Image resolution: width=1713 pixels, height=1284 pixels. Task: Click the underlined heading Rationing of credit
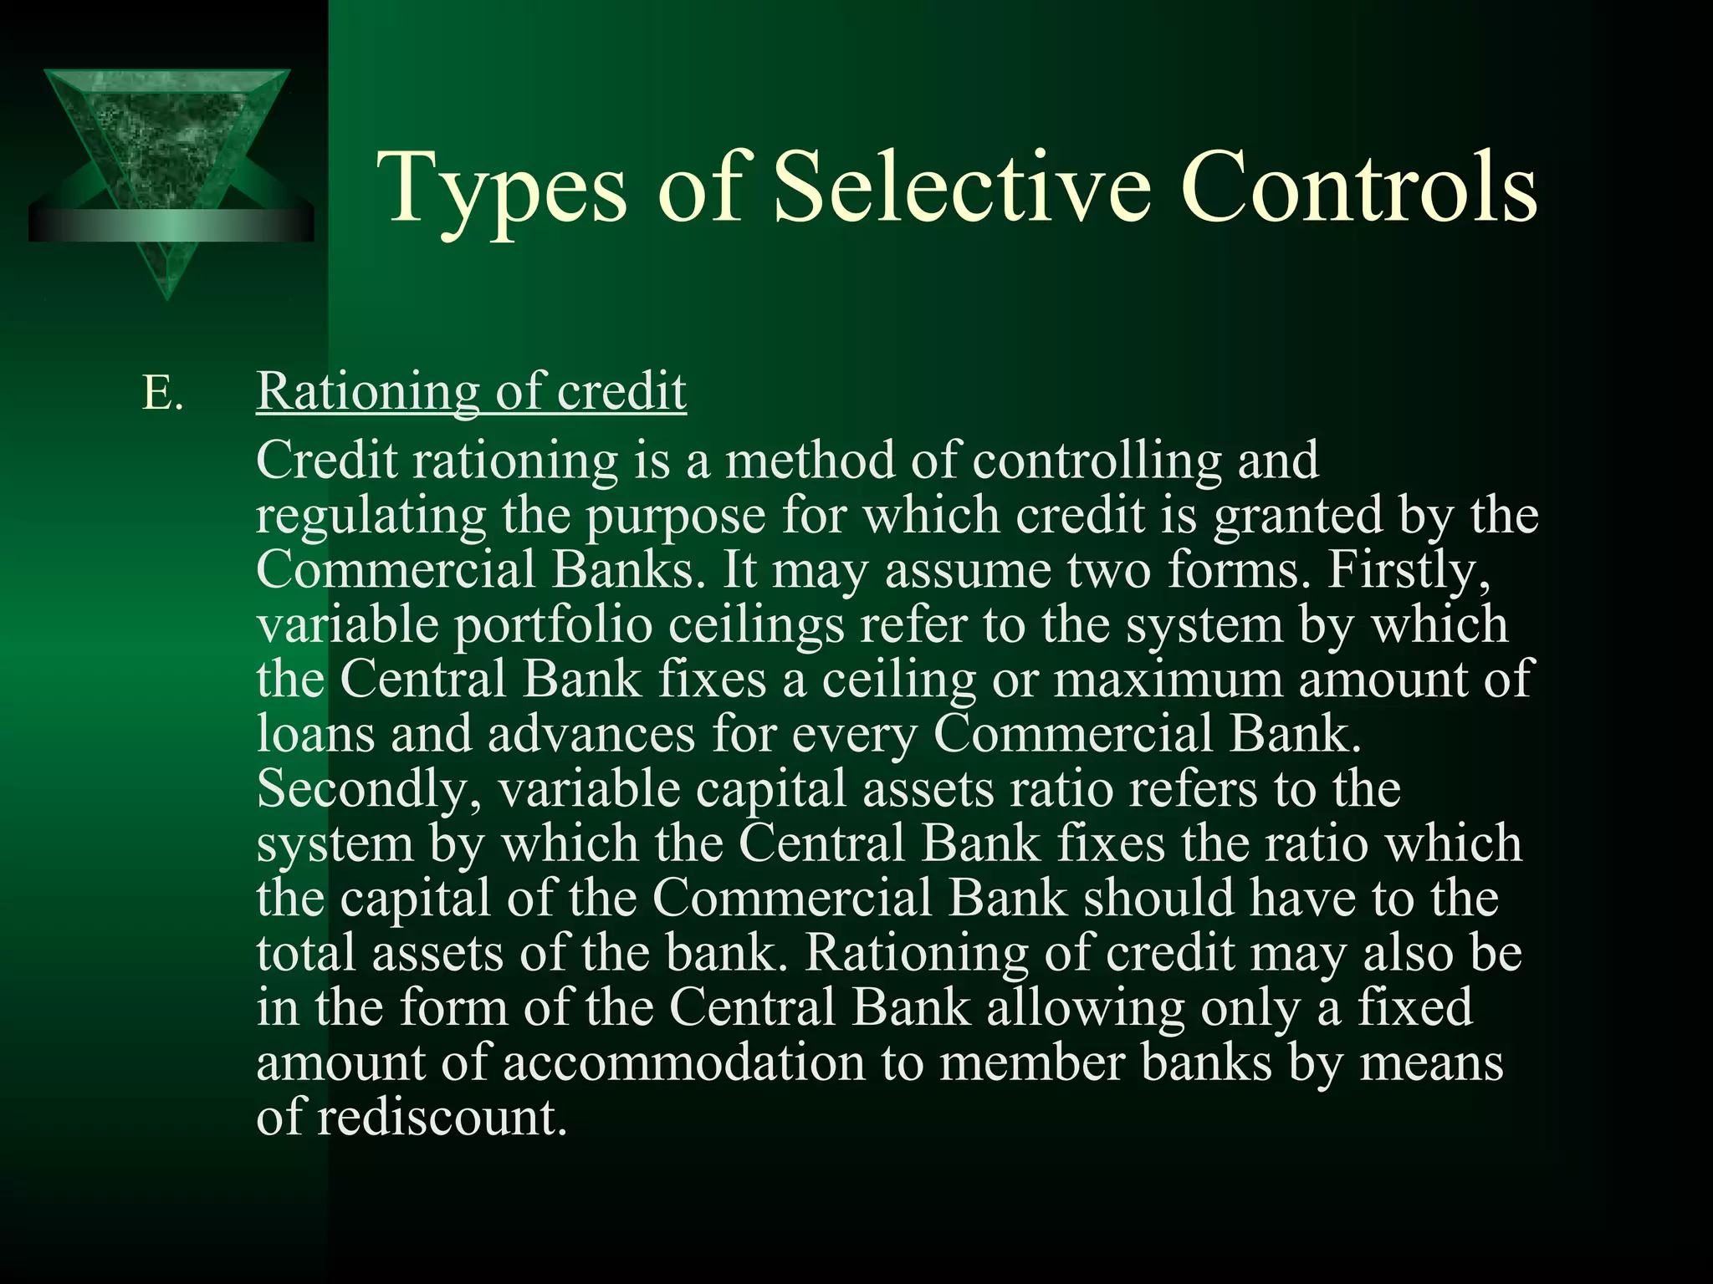(471, 390)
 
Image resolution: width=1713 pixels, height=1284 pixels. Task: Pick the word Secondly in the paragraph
(369, 789)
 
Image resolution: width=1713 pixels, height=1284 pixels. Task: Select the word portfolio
(553, 625)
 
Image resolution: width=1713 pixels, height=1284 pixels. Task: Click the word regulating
(371, 516)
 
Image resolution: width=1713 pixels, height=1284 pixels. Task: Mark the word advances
(591, 734)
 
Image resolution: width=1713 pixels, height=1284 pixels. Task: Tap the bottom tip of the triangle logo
(167, 293)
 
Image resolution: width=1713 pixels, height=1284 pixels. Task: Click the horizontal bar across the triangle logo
(171, 225)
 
